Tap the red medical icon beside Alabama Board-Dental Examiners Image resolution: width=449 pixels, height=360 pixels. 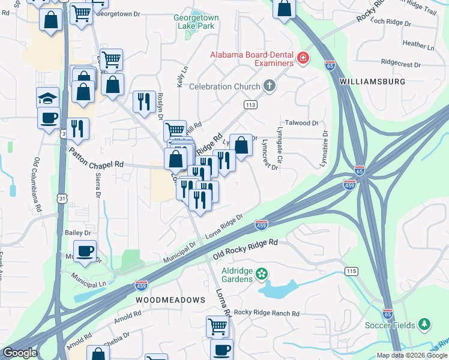click(x=303, y=59)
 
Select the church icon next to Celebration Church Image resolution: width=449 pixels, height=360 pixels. click(x=269, y=86)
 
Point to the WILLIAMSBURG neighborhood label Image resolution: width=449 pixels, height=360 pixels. click(x=372, y=81)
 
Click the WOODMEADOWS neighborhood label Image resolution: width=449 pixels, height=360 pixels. click(x=170, y=299)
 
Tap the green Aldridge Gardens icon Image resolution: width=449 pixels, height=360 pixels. click(x=261, y=275)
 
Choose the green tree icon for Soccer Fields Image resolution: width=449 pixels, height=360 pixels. click(x=424, y=325)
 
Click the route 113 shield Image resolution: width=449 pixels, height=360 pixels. click(x=250, y=104)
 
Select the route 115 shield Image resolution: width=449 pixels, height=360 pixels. click(x=351, y=272)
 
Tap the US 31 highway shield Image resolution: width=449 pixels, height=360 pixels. click(x=62, y=197)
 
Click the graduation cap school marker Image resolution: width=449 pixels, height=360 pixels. click(x=48, y=98)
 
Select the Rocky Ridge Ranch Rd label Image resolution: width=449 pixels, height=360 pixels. click(x=267, y=313)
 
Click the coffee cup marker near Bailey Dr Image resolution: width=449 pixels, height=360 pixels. click(x=85, y=251)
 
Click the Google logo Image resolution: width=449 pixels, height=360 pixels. click(x=20, y=353)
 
